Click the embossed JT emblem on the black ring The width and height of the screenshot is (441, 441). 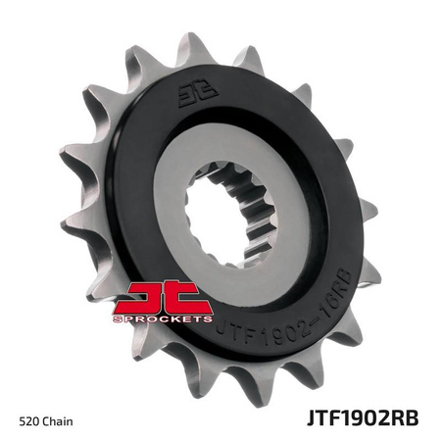[194, 95]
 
